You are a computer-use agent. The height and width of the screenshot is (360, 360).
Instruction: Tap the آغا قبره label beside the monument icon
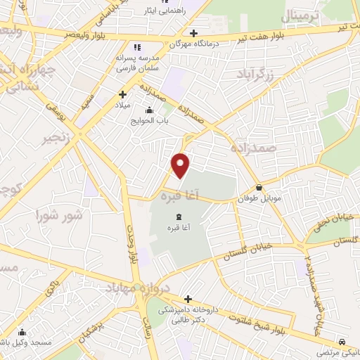coord(178,229)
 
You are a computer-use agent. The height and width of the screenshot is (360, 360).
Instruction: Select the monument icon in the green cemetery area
coord(178,216)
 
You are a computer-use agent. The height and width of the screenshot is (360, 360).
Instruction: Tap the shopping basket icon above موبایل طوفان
coord(260,188)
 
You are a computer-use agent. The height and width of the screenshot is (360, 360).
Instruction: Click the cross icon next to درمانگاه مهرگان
coord(193,33)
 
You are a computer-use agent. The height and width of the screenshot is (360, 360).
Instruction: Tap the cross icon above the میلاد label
coord(122,94)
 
